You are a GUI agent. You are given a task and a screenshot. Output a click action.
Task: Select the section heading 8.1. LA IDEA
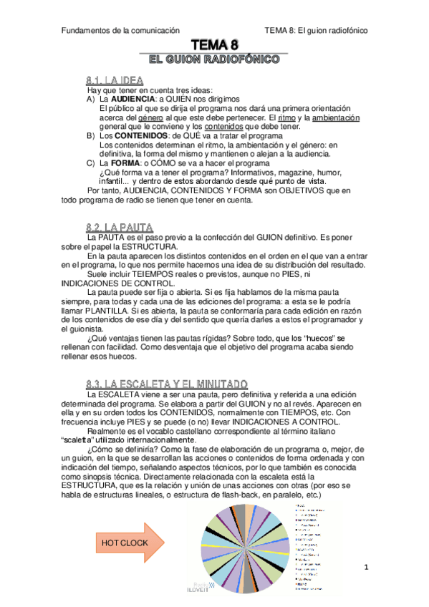[115, 80]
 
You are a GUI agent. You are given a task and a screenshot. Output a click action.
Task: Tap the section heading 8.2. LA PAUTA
[119, 227]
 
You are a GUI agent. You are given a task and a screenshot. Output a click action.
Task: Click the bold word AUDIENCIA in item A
[127, 99]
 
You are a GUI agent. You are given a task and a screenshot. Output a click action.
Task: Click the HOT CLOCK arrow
[127, 523]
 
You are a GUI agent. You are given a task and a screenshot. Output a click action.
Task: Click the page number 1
[365, 568]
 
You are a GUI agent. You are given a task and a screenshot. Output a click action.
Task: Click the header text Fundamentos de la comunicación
[120, 31]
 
